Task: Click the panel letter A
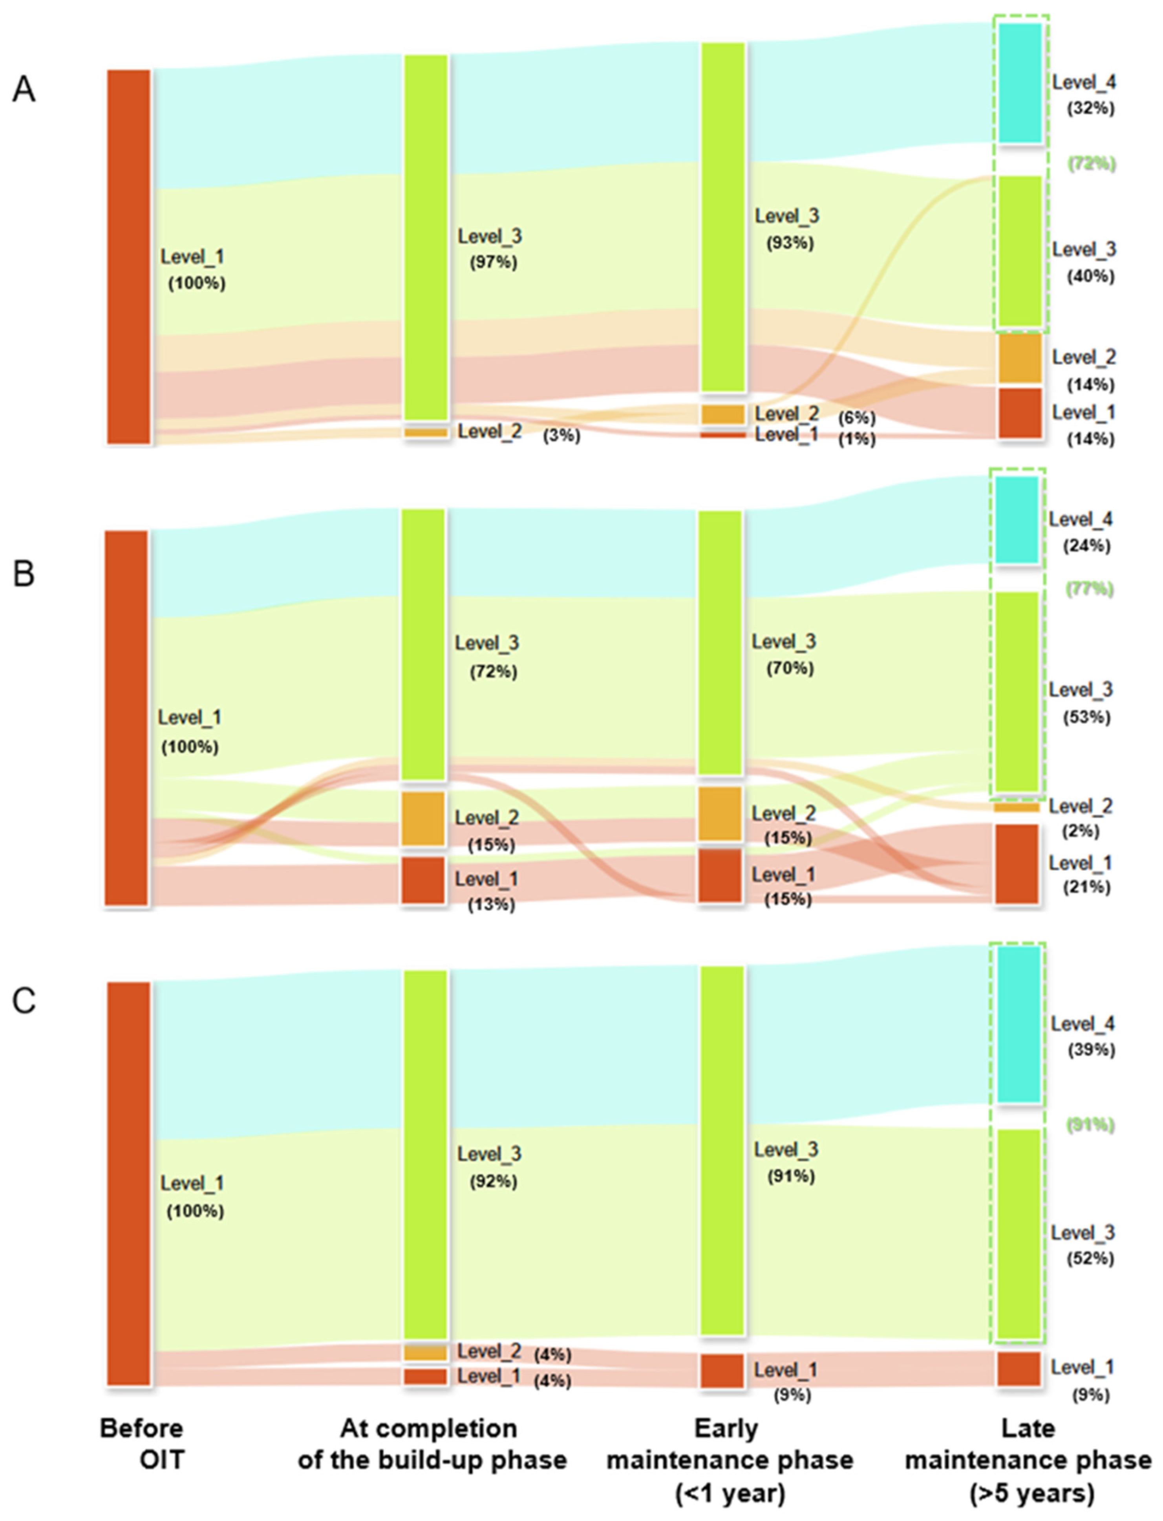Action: [24, 90]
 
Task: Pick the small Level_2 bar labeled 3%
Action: [426, 432]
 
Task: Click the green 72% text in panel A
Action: [1092, 164]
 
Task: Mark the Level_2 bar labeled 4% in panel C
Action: [426, 1352]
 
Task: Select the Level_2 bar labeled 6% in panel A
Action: [723, 414]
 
